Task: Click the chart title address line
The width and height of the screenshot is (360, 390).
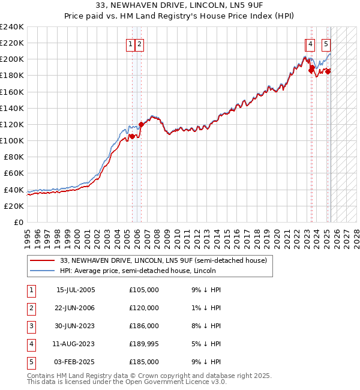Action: point(179,5)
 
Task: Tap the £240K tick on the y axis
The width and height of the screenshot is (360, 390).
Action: point(12,27)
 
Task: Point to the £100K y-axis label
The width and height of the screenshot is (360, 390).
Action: point(12,140)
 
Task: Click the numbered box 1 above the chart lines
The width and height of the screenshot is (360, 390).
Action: point(130,43)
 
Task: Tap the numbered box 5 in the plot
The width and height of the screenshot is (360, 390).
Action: point(326,43)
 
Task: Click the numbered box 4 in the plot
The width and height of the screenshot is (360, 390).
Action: point(310,43)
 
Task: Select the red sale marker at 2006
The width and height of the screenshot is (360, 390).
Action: point(142,125)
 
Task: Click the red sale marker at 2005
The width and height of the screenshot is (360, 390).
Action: point(132,137)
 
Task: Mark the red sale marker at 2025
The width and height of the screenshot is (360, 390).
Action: point(328,71)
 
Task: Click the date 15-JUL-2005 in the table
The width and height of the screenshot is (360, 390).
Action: point(76,290)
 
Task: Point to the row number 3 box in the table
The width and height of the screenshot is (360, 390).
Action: point(31,326)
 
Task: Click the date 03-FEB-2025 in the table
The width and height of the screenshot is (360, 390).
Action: point(76,362)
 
